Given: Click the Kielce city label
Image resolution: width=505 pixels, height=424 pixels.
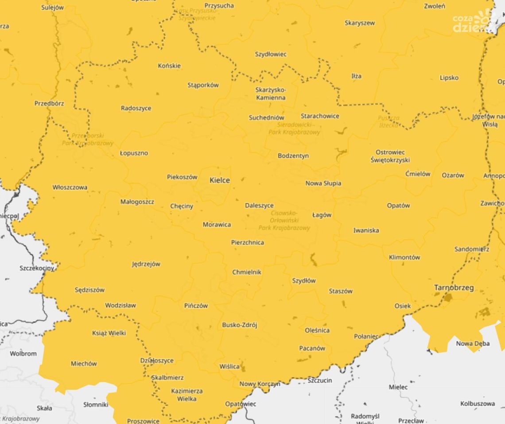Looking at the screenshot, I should (220, 180).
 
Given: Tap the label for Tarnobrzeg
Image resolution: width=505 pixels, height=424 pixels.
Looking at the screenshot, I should (454, 288).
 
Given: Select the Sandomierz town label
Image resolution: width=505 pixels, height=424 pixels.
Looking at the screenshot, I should (471, 249).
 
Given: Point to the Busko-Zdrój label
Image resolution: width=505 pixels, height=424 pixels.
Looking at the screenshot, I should (239, 325).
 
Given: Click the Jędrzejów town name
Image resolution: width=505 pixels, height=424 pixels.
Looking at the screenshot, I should (146, 264).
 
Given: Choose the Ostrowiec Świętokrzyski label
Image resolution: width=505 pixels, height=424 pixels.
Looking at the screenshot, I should (390, 156).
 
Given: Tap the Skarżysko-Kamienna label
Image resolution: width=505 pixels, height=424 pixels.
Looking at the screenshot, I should (271, 94).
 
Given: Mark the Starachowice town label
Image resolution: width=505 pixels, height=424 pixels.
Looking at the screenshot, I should (320, 116).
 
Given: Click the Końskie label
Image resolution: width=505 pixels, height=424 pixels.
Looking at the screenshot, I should (169, 66).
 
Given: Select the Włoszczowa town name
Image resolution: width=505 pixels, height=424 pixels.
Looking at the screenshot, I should (70, 187).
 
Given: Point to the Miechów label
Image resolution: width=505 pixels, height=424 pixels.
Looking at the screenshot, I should (84, 364).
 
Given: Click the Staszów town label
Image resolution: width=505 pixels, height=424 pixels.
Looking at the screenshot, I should (341, 292).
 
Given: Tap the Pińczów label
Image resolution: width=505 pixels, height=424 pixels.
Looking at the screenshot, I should (196, 306).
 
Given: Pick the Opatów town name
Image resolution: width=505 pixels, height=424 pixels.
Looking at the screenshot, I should (398, 206).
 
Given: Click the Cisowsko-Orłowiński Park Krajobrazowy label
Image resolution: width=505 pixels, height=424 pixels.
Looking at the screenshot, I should (284, 220).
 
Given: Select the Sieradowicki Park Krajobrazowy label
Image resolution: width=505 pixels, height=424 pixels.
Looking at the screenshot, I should (294, 128).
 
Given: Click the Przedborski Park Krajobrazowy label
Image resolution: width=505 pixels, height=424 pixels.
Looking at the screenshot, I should (88, 139).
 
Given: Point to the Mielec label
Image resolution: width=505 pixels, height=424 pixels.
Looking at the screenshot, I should (398, 387).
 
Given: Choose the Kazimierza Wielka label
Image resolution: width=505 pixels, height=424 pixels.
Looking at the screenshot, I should (186, 395).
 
